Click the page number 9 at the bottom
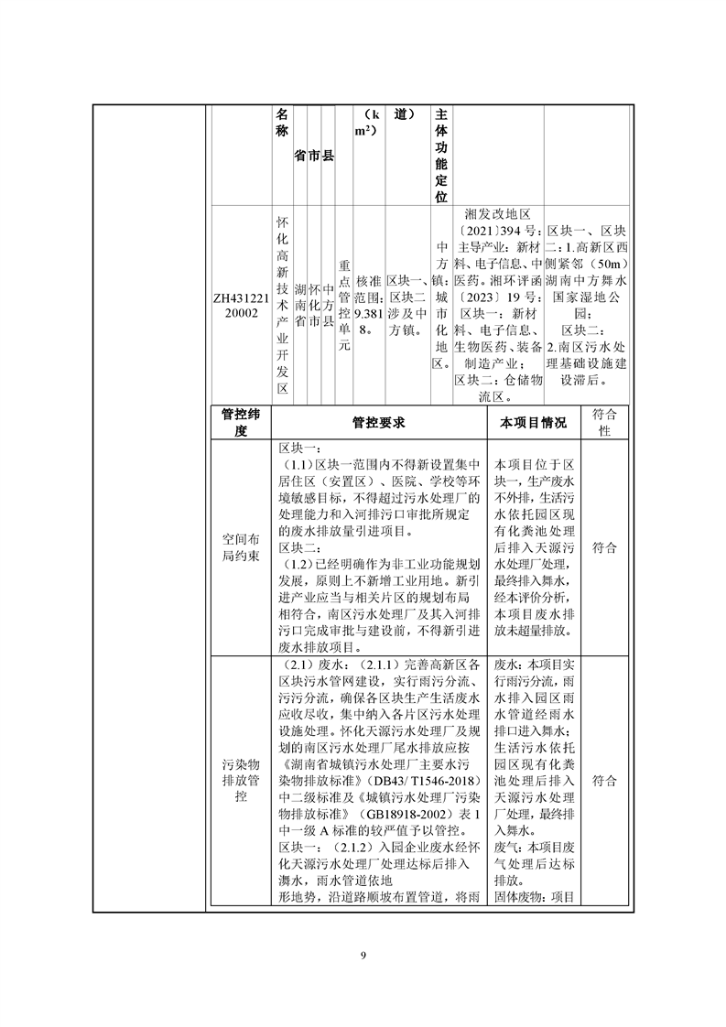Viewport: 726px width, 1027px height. pos(363,956)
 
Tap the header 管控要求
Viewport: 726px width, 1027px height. pos(378,423)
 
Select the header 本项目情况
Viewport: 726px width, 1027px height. pos(534,423)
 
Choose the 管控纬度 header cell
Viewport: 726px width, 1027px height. pos(241,423)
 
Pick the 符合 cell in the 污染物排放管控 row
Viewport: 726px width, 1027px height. pos(604,781)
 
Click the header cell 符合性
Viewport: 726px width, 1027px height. pos(604,423)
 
